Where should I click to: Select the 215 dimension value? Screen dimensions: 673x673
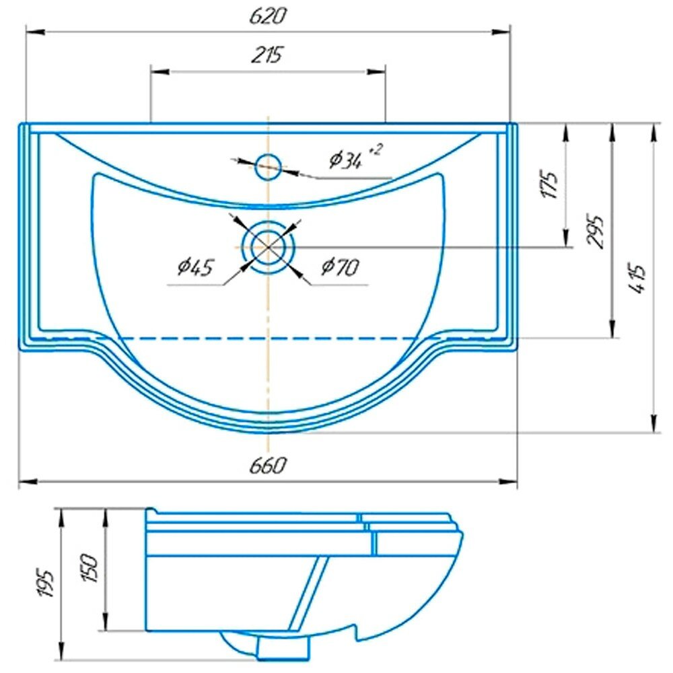[268, 55]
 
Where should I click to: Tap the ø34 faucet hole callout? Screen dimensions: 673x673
[346, 160]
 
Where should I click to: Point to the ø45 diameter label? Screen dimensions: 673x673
[194, 268]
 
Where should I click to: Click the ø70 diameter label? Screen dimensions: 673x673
[340, 268]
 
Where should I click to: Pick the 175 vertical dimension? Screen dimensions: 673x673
[551, 185]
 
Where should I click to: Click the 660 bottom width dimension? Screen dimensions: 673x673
[268, 465]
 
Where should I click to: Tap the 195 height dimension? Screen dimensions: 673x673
[46, 583]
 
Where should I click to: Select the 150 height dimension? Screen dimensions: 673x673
[92, 569]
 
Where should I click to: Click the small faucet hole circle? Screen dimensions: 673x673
[269, 166]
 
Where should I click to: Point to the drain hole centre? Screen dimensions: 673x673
[269, 247]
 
